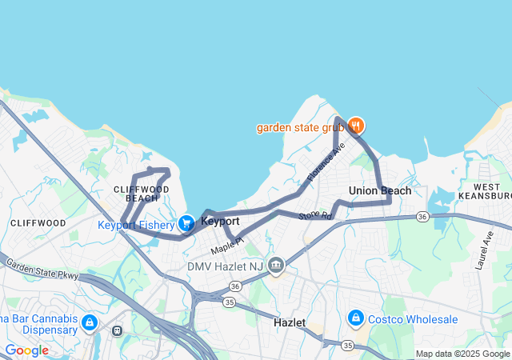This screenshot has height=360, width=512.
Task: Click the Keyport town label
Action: click(220, 221)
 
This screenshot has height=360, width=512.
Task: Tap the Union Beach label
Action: click(380, 190)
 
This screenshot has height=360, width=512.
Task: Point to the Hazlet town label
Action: click(290, 322)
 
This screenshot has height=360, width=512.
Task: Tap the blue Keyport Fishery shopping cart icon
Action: click(186, 223)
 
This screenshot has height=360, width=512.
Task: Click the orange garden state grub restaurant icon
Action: click(356, 126)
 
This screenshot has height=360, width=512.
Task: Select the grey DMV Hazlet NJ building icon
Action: click(276, 265)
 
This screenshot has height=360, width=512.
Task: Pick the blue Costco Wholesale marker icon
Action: click(354, 319)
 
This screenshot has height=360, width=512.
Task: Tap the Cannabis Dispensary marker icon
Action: click(90, 322)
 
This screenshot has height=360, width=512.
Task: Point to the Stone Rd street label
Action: click(314, 216)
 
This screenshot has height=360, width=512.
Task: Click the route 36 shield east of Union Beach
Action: click(422, 216)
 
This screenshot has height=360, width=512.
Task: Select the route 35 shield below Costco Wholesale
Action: click(347, 345)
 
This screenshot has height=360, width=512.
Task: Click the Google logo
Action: click(26, 350)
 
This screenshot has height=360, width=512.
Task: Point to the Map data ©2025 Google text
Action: click(462, 354)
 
